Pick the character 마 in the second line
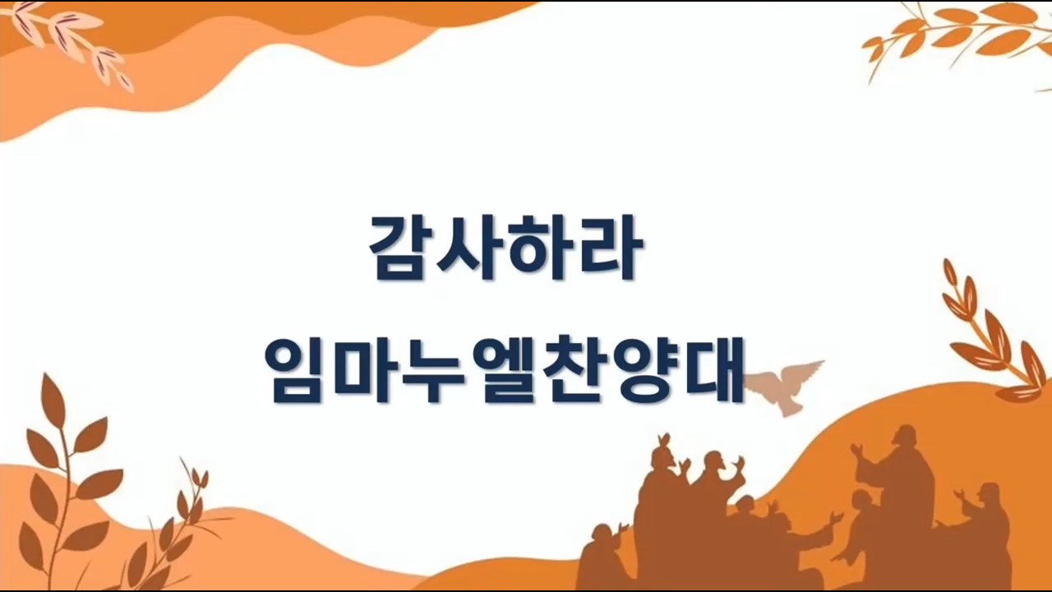pyautogui.click(x=367, y=370)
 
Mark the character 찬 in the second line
pyautogui.click(x=575, y=370)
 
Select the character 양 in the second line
pyautogui.click(x=644, y=370)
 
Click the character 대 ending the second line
pyautogui.click(x=713, y=370)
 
